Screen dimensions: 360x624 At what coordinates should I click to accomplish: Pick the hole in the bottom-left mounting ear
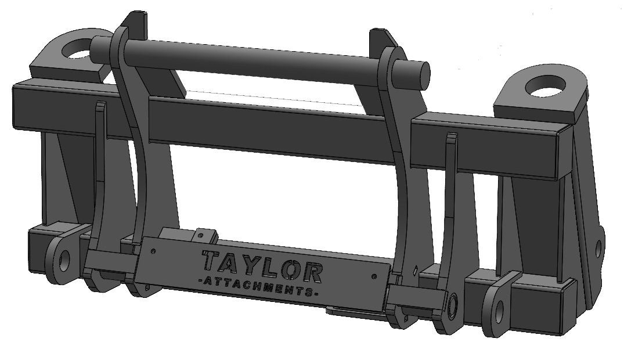tap(63, 258)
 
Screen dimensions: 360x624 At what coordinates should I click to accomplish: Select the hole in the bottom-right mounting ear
tap(499, 307)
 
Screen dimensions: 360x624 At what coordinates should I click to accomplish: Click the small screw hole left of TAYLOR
tap(153, 251)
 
